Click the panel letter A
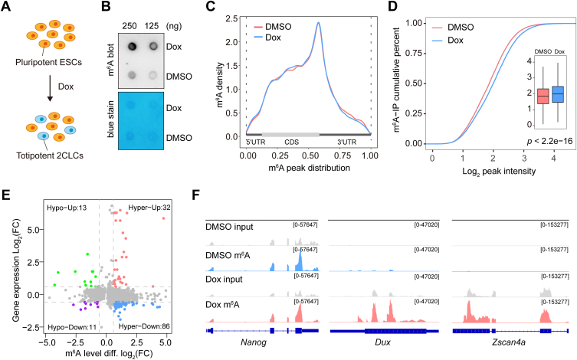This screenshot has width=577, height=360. (6, 7)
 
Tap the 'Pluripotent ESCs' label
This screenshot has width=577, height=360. (48, 62)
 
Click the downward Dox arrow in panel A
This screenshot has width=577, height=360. (50, 87)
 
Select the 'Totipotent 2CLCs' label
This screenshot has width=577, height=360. (50, 155)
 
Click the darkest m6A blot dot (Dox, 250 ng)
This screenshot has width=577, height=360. (132, 46)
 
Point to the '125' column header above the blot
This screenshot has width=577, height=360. (151, 26)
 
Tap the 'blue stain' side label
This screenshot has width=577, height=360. (111, 119)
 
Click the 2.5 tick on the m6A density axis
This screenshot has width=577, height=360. (232, 18)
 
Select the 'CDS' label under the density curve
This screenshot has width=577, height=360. (291, 142)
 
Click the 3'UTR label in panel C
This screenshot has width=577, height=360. (347, 142)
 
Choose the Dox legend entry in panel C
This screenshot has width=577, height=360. (267, 38)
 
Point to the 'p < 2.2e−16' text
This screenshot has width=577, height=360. (549, 141)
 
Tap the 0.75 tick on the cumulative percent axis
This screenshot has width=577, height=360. (413, 54)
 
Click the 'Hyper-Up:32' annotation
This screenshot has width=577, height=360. (149, 208)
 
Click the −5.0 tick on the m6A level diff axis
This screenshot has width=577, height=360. (45, 342)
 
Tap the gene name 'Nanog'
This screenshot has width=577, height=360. (254, 342)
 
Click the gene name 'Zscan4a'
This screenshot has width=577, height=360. (509, 342)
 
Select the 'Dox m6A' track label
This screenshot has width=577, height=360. (224, 305)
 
